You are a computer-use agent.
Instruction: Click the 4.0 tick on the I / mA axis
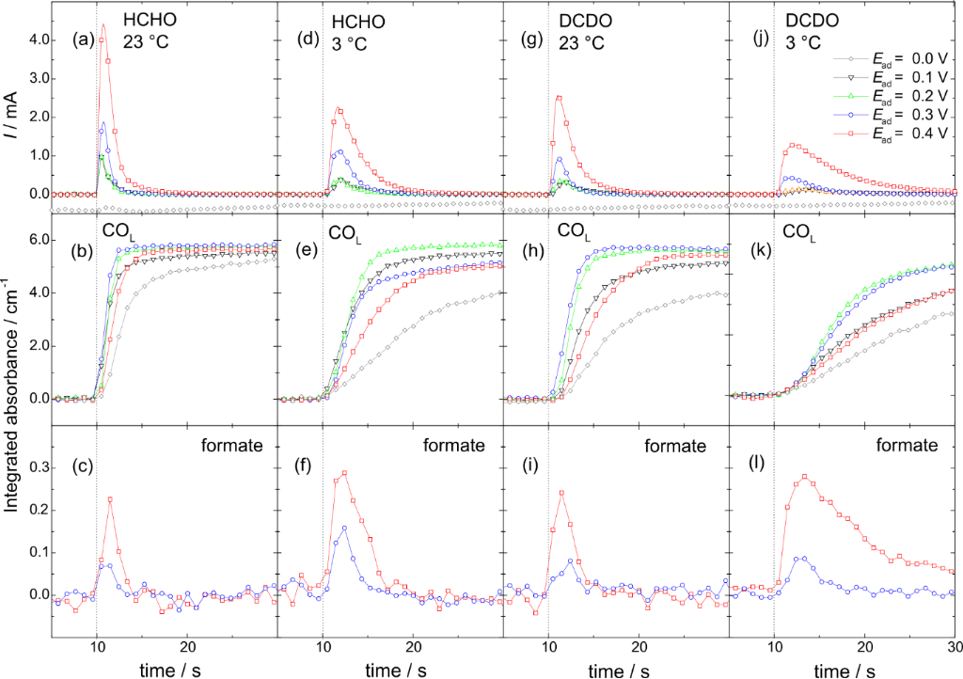36,41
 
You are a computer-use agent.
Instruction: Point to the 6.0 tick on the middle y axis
36,240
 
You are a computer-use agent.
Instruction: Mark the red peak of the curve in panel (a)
103,25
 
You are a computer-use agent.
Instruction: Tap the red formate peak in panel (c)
111,498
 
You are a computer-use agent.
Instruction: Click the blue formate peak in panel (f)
344,528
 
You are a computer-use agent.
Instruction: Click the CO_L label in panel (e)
345,230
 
